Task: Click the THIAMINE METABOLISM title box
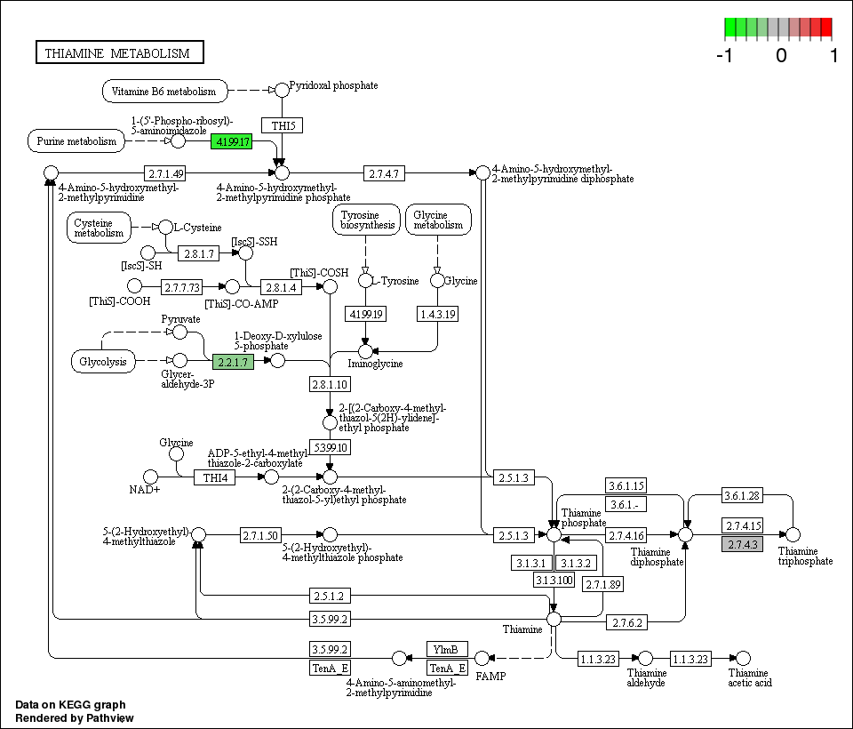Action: [x=119, y=53]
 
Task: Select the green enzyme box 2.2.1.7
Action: [x=233, y=361]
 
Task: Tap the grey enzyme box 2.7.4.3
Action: [x=742, y=544]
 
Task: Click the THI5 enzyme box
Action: [x=282, y=124]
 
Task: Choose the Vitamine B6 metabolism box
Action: [x=164, y=91]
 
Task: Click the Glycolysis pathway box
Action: [x=103, y=361]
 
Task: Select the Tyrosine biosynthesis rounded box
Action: [x=365, y=220]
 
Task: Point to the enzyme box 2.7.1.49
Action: [x=165, y=172]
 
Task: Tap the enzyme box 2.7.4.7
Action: [x=383, y=172]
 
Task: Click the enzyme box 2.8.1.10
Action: [x=330, y=384]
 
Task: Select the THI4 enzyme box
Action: [x=215, y=477]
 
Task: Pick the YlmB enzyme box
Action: [x=447, y=649]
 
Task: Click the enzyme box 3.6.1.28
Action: [x=742, y=496]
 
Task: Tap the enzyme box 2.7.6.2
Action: [x=626, y=623]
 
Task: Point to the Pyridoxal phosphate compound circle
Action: [x=282, y=90]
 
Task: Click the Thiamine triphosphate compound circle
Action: [x=793, y=534]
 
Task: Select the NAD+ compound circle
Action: [x=150, y=477]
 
